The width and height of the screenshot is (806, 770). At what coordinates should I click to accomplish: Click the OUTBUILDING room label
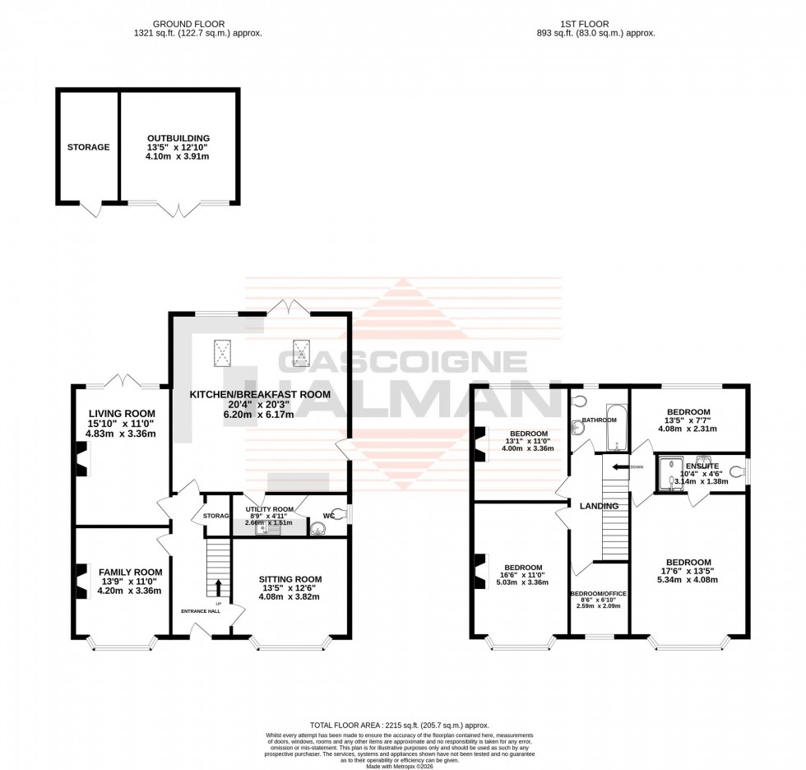178,138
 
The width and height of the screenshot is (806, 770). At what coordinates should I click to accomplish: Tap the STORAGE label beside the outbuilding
88,147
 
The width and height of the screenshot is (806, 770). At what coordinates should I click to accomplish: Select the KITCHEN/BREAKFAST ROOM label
260,395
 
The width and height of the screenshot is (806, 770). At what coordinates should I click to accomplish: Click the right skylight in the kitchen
302,354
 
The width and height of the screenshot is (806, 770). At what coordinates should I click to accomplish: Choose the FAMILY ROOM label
130,572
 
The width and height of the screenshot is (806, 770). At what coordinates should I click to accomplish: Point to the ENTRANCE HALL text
202,611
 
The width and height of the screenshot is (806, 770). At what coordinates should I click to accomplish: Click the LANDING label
599,505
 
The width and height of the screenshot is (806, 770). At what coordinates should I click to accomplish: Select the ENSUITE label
702,466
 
